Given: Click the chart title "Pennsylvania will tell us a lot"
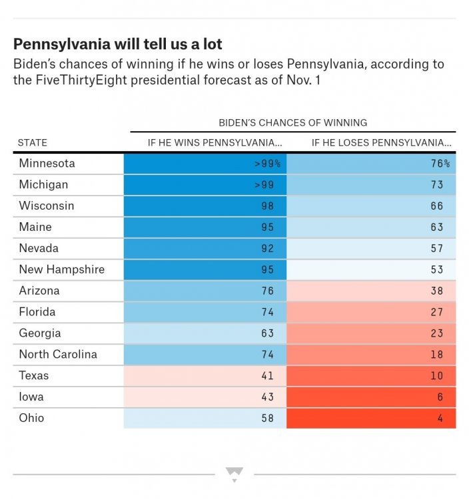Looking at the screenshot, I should tap(118, 45).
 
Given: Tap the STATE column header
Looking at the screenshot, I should tap(33, 142).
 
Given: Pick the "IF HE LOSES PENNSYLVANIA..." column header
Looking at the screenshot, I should tap(381, 142).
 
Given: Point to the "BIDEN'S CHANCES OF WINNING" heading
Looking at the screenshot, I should tap(292, 122).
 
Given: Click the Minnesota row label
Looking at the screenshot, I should tap(47, 163).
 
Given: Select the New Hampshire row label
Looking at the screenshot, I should tap(62, 269).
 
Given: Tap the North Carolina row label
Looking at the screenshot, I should tap(58, 354).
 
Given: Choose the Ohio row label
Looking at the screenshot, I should tap(31, 418).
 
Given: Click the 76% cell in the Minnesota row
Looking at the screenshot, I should tap(372, 164).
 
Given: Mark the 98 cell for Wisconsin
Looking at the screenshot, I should tap(205, 206).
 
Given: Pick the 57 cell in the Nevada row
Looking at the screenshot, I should tap(372, 248).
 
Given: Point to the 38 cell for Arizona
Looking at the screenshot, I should tap(372, 291).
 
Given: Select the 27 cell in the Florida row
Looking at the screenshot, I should tap(372, 312).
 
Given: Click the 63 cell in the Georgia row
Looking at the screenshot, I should tap(205, 333).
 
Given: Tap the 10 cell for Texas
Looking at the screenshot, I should tap(372, 376).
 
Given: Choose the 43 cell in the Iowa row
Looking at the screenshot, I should tap(205, 397).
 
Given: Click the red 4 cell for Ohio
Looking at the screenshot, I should tap(372, 418).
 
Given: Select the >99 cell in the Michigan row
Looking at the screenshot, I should tap(205, 184).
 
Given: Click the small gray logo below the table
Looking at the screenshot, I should tap(234, 474).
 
